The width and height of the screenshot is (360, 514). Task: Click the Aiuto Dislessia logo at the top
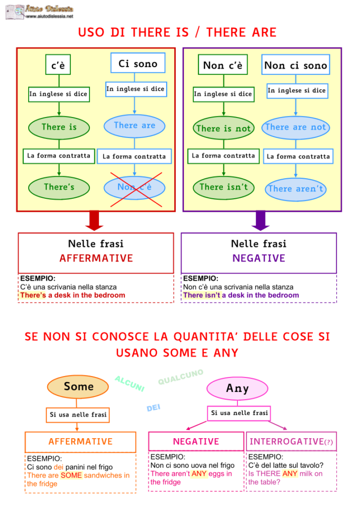[x=40, y=11]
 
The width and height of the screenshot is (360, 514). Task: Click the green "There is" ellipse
[x=59, y=127]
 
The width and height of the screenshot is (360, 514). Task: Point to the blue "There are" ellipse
[x=135, y=125]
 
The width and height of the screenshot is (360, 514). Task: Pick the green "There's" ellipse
[x=59, y=187]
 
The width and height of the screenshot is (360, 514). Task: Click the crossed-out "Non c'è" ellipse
[x=135, y=187]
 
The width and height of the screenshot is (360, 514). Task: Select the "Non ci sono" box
[x=295, y=65]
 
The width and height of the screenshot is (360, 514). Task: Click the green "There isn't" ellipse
[x=223, y=187]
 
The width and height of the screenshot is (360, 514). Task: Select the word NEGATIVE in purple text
[x=259, y=259]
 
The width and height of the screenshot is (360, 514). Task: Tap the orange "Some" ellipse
[x=78, y=386]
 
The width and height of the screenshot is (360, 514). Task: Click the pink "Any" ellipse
[x=237, y=388]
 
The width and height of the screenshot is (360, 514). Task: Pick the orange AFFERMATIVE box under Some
[x=80, y=442]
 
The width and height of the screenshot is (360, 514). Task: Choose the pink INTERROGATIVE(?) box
[x=291, y=442]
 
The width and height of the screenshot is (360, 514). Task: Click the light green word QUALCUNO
[x=181, y=377]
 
